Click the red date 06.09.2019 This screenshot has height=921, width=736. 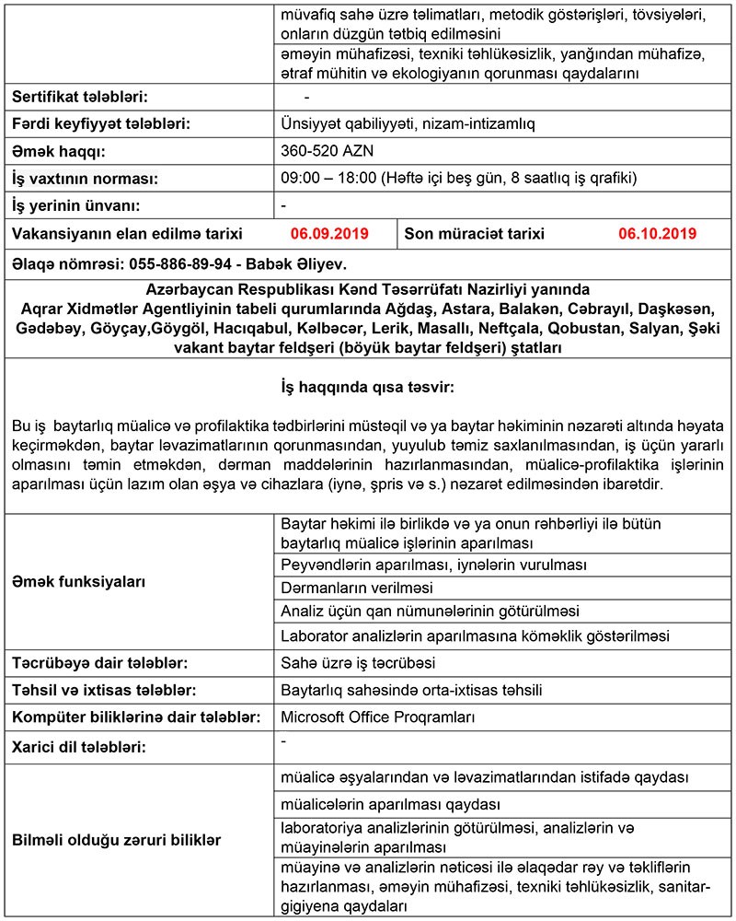[329, 234]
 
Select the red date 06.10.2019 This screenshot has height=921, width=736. [658, 234]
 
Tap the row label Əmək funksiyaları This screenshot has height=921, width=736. [79, 582]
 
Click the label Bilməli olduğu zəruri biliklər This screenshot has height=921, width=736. [116, 840]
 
